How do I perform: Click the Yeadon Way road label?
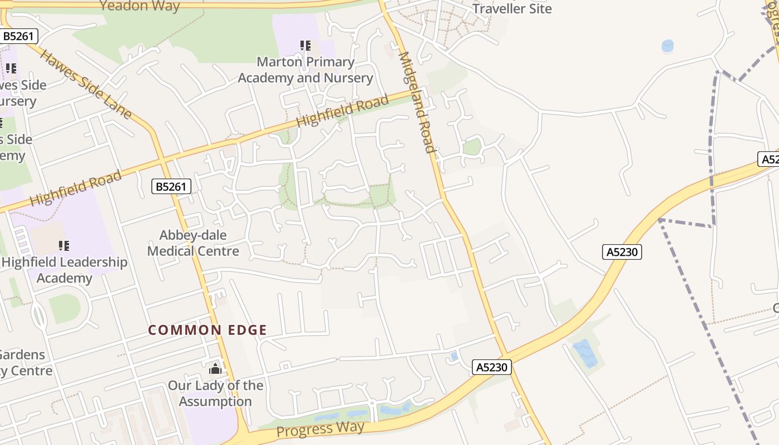pyautogui.click(x=140, y=6)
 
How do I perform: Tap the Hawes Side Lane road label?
pyautogui.click(x=86, y=85)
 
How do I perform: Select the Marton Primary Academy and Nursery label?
pyautogui.click(x=305, y=70)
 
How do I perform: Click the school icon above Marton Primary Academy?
pyautogui.click(x=305, y=46)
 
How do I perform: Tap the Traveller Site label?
pyautogui.click(x=512, y=8)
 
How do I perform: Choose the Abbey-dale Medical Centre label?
pyautogui.click(x=193, y=243)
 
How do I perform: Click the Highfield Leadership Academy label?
pyautogui.click(x=65, y=270)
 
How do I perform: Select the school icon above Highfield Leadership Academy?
pyautogui.click(x=64, y=245)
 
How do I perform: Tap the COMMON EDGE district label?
pyautogui.click(x=208, y=330)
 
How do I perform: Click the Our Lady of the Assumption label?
pyautogui.click(x=215, y=393)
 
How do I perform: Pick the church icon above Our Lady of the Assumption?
pyautogui.click(x=215, y=368)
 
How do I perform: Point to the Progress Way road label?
pyautogui.click(x=321, y=429)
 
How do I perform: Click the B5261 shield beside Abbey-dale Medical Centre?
pyautogui.click(x=171, y=186)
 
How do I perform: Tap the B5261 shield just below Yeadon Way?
pyautogui.click(x=19, y=37)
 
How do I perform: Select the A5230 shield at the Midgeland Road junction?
pyautogui.click(x=492, y=367)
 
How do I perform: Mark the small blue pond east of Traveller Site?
pyautogui.click(x=668, y=46)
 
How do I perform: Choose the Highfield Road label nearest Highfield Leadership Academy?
pyautogui.click(x=75, y=189)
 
